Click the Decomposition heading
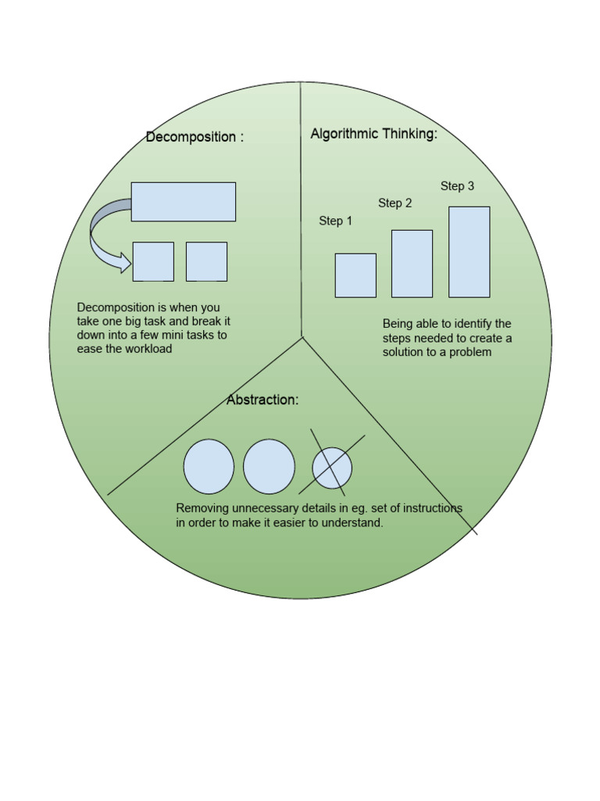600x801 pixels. click(x=195, y=137)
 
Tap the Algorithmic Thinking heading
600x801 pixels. click(x=374, y=134)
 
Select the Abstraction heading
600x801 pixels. click(x=262, y=400)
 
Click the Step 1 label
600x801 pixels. click(x=335, y=221)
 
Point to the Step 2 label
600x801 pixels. click(x=395, y=203)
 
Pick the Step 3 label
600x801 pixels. click(x=457, y=186)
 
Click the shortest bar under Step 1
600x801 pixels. click(x=355, y=275)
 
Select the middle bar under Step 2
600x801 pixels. click(x=412, y=264)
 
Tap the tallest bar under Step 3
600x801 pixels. click(x=470, y=252)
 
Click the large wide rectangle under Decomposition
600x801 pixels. click(x=183, y=202)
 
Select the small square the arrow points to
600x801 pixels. click(x=153, y=261)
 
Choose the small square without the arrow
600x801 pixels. click(x=206, y=261)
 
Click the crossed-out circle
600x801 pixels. click(x=332, y=468)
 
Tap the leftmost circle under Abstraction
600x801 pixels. click(x=209, y=466)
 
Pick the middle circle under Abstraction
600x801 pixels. click(x=269, y=466)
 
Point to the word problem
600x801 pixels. click(x=470, y=353)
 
